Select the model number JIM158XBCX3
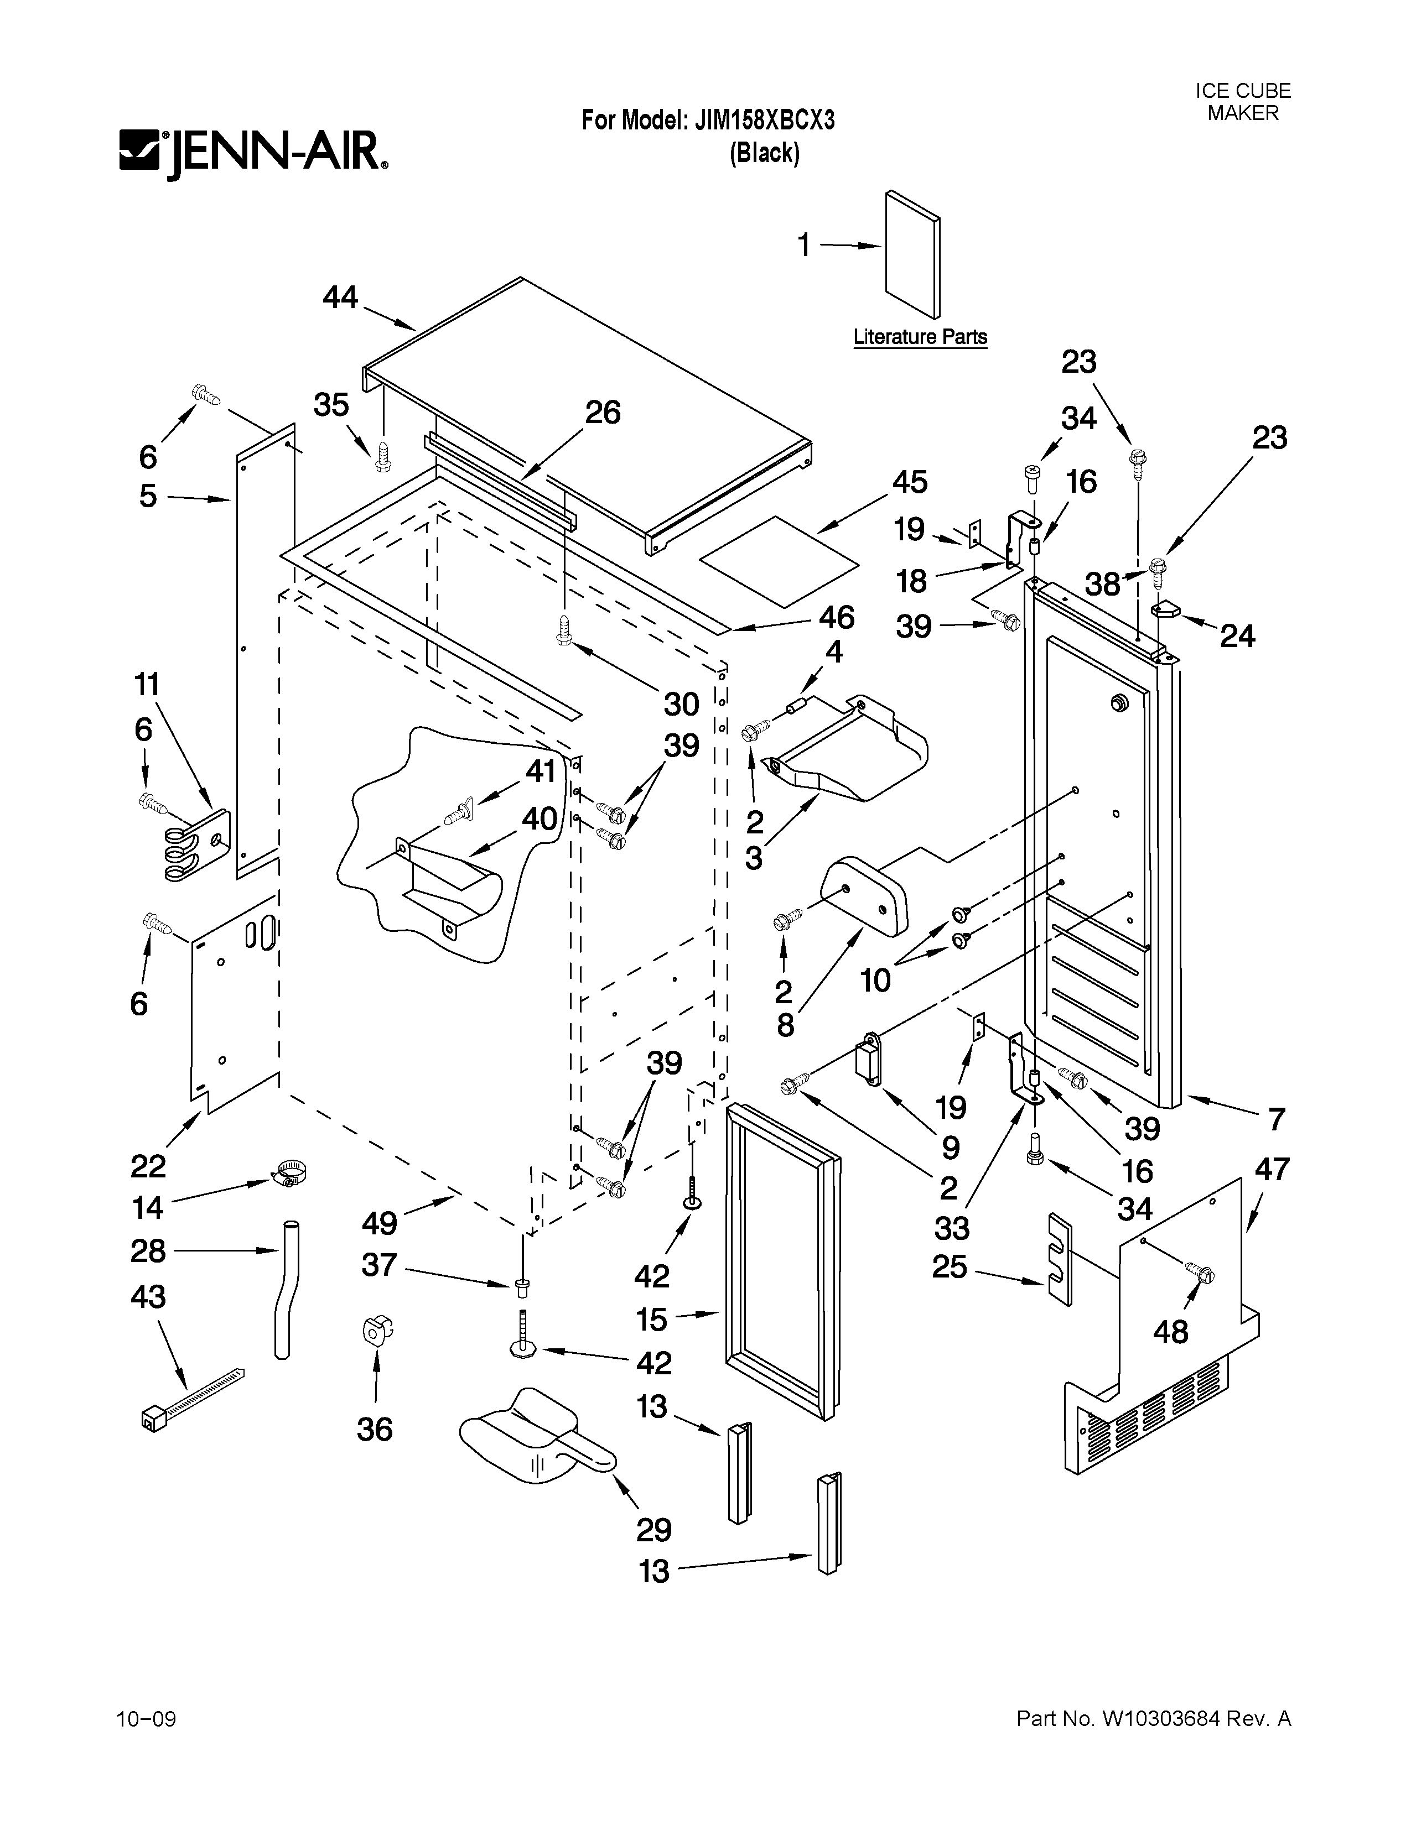(764, 121)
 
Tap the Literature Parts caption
(920, 337)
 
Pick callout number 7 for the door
(1275, 1119)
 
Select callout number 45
(910, 482)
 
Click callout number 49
(380, 1223)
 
